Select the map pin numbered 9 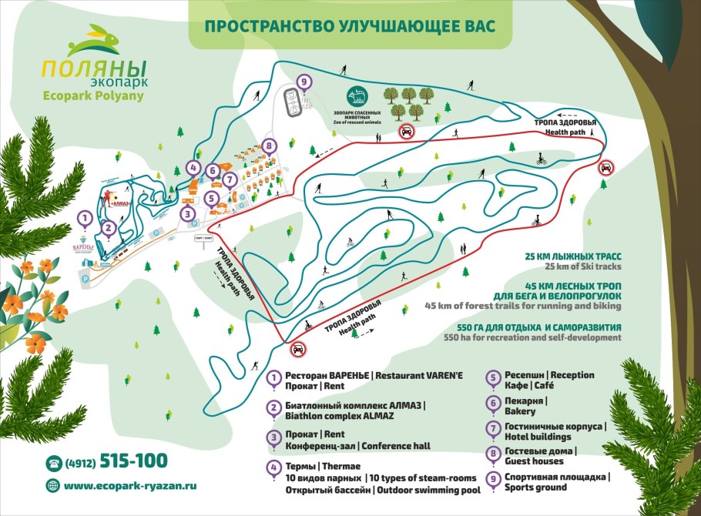click(x=304, y=82)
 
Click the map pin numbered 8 click(x=268, y=145)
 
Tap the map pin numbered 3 click(x=188, y=214)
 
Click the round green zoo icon click(x=357, y=95)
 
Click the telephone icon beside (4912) click(x=53, y=462)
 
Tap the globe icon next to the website click(x=53, y=485)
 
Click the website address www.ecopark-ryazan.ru click(x=130, y=486)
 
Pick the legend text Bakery click(x=520, y=411)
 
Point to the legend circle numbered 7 click(x=491, y=427)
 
